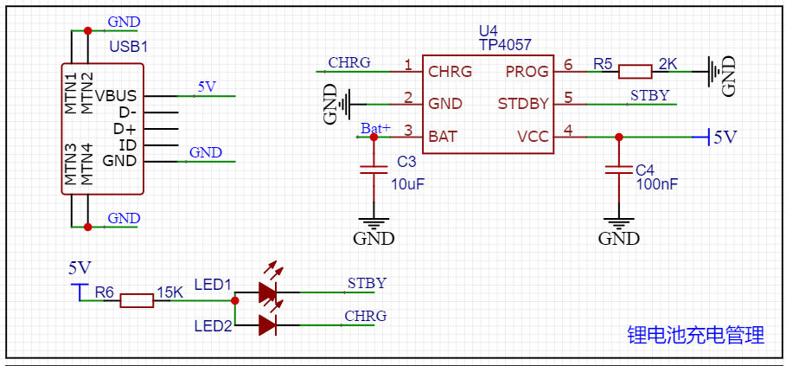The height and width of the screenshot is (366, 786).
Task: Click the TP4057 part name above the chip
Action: click(x=505, y=45)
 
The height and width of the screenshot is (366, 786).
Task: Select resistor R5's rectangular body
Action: click(x=635, y=72)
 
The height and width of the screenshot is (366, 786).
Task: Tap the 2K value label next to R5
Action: click(x=668, y=64)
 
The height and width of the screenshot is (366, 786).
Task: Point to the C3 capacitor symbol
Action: click(x=374, y=169)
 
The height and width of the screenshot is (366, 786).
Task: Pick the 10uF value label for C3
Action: click(x=407, y=184)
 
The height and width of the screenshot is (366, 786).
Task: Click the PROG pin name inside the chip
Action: click(x=527, y=72)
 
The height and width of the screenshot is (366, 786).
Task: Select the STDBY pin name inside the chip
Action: click(x=523, y=104)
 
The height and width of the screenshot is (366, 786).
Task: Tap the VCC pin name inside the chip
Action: click(x=533, y=137)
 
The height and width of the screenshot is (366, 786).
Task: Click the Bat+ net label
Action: click(x=376, y=129)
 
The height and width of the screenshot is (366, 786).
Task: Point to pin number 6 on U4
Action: click(x=567, y=64)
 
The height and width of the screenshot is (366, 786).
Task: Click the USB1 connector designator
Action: click(x=129, y=46)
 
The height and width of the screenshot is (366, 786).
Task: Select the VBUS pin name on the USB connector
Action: click(x=116, y=95)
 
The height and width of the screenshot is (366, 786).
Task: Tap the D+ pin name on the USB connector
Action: click(x=125, y=128)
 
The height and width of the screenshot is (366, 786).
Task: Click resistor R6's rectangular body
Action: click(x=137, y=301)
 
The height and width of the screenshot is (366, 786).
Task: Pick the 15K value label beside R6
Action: click(x=169, y=292)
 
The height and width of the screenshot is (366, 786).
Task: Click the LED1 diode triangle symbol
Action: click(x=267, y=293)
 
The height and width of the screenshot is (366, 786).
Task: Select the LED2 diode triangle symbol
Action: click(x=267, y=325)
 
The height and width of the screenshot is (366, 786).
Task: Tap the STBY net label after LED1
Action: click(x=367, y=283)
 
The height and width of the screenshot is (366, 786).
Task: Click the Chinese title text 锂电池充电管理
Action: click(x=695, y=336)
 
